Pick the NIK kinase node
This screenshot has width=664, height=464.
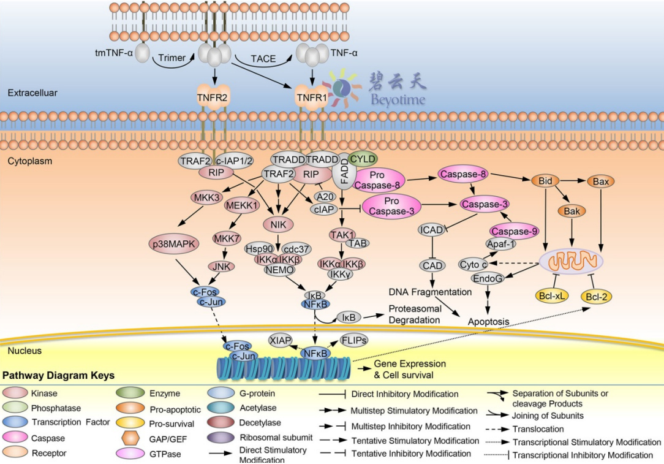click(279, 223)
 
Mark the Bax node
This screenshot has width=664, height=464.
click(600, 181)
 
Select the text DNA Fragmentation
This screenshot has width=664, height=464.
click(430, 292)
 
